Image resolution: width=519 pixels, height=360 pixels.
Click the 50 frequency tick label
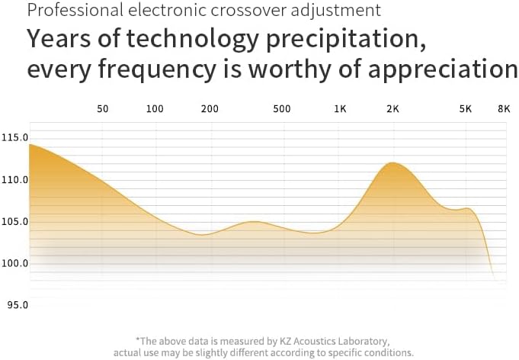click(x=103, y=109)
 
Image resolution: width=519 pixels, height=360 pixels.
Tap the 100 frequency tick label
click(x=155, y=109)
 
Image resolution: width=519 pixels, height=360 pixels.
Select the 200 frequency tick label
click(x=210, y=109)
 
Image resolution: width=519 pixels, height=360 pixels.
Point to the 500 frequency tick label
click(x=282, y=109)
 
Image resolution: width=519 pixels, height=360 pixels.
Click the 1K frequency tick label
click(x=340, y=109)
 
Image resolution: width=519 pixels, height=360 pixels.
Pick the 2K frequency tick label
click(x=393, y=109)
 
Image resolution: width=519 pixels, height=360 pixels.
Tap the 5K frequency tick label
click(x=465, y=109)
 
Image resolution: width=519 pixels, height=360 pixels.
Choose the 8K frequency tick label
click(x=503, y=109)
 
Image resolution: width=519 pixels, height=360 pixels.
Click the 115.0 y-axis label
click(x=14, y=138)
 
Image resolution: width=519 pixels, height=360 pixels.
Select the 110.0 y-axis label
click(x=14, y=180)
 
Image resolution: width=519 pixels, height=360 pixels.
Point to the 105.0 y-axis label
click(x=14, y=222)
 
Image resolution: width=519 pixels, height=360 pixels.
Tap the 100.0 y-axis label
click(x=14, y=263)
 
